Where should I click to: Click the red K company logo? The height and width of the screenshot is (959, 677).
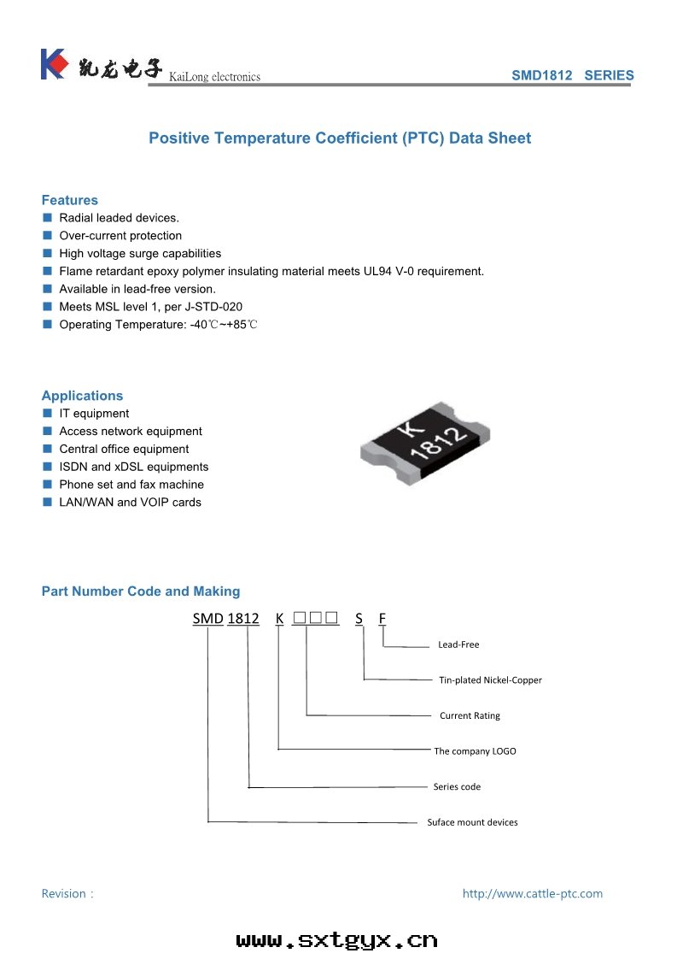pyautogui.click(x=53, y=64)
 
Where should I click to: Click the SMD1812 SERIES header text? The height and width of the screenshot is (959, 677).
pyautogui.click(x=572, y=75)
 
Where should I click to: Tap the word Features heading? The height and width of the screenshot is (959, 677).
pyautogui.click(x=70, y=200)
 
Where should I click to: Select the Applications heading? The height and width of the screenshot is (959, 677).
pyautogui.click(x=82, y=396)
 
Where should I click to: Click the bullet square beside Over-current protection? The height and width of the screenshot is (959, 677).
pyautogui.click(x=48, y=236)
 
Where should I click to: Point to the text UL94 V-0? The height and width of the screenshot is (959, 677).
pyautogui.click(x=366, y=271)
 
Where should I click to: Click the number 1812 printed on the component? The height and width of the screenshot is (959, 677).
pyautogui.click(x=438, y=444)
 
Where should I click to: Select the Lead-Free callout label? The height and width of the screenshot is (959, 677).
pyautogui.click(x=458, y=644)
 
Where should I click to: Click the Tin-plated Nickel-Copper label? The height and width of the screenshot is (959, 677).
pyautogui.click(x=490, y=680)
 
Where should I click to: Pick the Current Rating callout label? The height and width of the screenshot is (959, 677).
pyautogui.click(x=470, y=715)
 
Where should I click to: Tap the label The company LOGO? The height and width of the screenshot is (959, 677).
pyautogui.click(x=475, y=751)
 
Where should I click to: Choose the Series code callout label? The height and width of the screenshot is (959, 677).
pyautogui.click(x=457, y=786)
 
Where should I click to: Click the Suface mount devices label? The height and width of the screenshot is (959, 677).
pyautogui.click(x=472, y=822)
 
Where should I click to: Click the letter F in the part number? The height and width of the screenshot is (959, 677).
pyautogui.click(x=382, y=618)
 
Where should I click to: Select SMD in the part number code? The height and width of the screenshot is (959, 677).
pyautogui.click(x=207, y=618)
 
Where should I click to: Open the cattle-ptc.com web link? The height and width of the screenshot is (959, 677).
pyautogui.click(x=532, y=893)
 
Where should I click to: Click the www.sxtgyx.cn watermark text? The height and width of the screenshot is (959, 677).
pyautogui.click(x=336, y=940)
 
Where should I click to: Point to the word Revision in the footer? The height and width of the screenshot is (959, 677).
pyautogui.click(x=64, y=893)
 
